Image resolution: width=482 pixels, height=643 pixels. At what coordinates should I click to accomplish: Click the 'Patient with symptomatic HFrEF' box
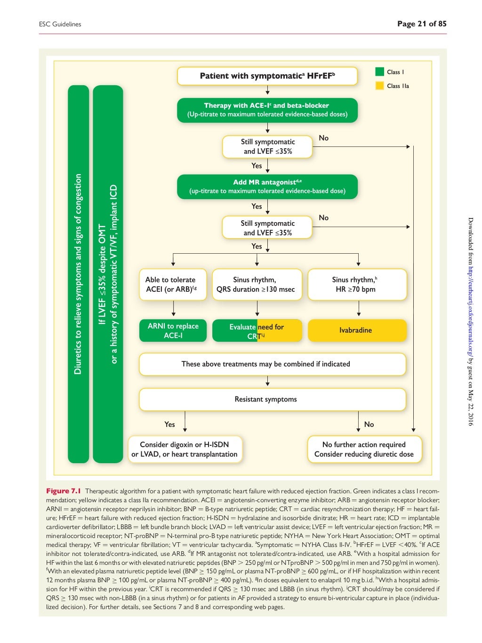tap(267, 76)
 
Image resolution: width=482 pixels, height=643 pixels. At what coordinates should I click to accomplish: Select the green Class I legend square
tap(379, 72)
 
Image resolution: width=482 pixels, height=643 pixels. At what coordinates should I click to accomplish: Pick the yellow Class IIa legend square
tap(379, 86)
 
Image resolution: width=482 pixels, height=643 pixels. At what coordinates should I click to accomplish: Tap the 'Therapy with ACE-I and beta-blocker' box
tap(267, 110)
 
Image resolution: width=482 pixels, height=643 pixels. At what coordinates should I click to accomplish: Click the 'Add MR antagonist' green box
tap(267, 186)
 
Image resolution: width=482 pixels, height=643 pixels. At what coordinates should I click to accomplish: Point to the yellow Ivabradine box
tap(356, 330)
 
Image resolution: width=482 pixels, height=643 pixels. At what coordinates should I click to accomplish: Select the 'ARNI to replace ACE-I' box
tap(173, 330)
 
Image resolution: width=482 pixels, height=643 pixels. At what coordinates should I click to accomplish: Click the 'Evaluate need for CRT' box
tap(257, 331)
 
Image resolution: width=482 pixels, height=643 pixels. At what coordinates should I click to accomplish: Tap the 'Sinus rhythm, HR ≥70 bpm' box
tap(356, 284)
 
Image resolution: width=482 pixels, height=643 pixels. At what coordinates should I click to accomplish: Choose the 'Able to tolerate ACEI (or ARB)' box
tap(173, 284)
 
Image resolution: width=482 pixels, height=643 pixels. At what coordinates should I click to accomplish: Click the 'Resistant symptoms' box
tap(272, 399)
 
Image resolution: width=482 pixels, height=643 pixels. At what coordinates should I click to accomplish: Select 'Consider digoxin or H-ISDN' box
tap(185, 449)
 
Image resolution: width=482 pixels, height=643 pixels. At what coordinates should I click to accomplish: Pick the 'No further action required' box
tap(364, 449)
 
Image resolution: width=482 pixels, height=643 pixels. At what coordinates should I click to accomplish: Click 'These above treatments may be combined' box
tap(272, 364)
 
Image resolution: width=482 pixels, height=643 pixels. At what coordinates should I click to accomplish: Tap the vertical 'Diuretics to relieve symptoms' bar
tap(78, 274)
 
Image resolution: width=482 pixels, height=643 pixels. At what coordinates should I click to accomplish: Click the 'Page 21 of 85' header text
tap(421, 24)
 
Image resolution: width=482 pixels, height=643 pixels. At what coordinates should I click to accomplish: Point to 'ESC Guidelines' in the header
tap(60, 24)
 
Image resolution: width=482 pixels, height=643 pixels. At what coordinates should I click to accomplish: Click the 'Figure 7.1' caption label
tap(64, 491)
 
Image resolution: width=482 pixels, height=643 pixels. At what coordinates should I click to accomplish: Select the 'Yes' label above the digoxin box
tap(169, 424)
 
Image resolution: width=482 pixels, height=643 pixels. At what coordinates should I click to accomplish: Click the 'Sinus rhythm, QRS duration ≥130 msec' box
tap(257, 284)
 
